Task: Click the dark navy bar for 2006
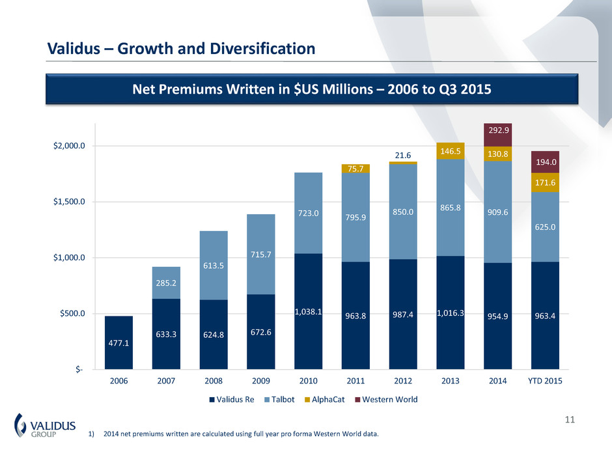click(118, 342)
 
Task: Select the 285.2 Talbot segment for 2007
click(166, 283)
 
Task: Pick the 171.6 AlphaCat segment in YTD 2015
click(545, 183)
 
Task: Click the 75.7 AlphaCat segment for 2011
click(355, 169)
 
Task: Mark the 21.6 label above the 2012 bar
click(403, 155)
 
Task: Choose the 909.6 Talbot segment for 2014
click(498, 212)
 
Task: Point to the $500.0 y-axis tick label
click(67, 314)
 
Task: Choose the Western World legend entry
click(389, 400)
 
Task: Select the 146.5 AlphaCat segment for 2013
click(451, 150)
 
